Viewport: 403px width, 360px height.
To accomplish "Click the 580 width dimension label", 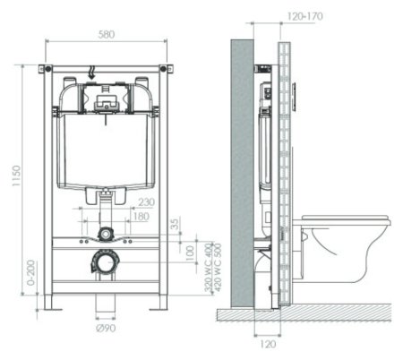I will (x=105, y=35).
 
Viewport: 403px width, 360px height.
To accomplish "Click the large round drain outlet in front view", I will (x=107, y=262).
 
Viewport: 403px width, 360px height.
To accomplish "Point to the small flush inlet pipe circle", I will (x=106, y=234).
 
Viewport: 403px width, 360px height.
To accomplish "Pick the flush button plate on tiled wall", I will (x=295, y=90).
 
